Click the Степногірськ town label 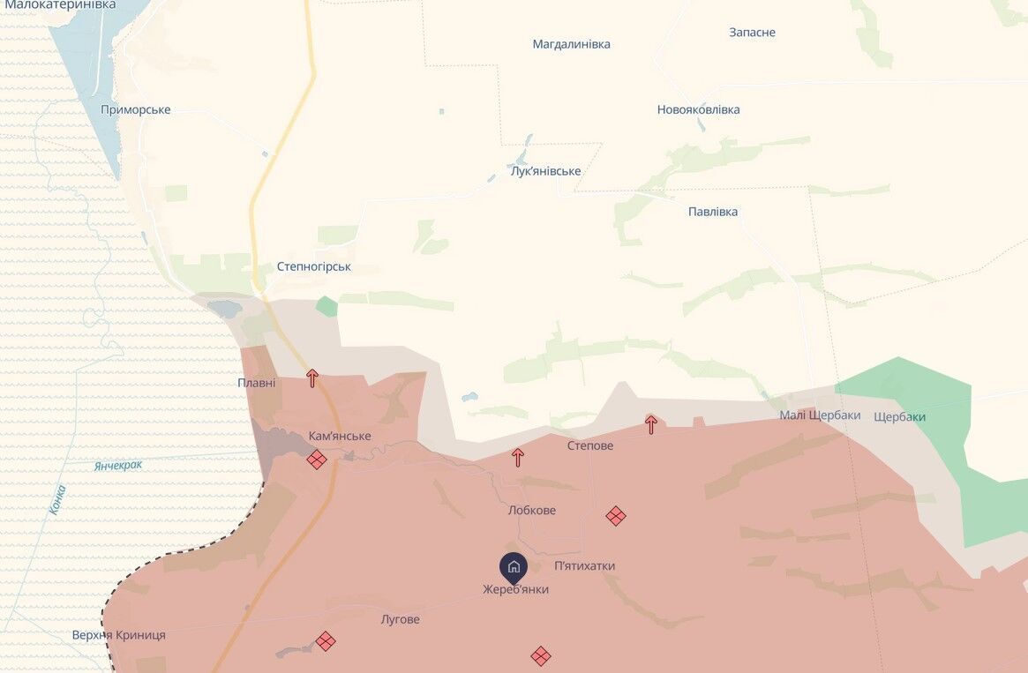pos(313,266)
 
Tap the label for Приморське pos(136,110)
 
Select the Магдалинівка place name pos(571,44)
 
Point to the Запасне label pos(752,33)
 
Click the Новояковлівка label pos(698,110)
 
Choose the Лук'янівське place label pos(545,171)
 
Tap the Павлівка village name pos(713,212)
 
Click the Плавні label pos(256,383)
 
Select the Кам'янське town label pos(340,437)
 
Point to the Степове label pos(589,446)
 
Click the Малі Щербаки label pos(820,415)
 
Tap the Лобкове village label pos(532,511)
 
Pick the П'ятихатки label pos(584,566)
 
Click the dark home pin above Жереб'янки pos(514,566)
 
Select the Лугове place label pos(400,620)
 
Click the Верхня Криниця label pos(118,635)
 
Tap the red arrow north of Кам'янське pos(311,378)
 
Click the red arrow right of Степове pos(651,424)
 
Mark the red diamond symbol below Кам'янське pos(317,460)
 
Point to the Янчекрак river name pos(117,465)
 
